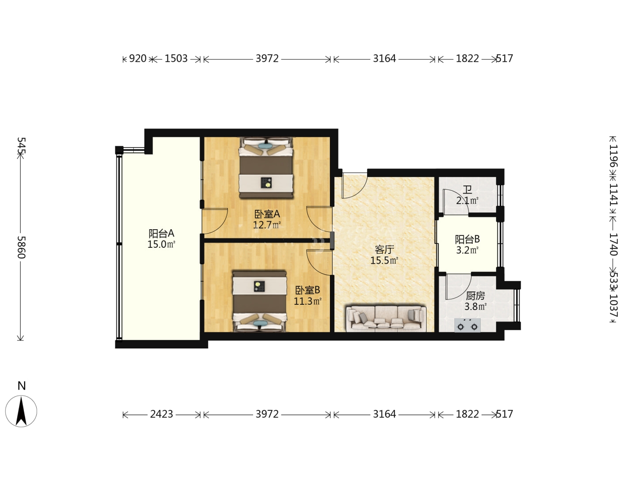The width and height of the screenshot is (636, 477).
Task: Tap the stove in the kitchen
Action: [467, 325]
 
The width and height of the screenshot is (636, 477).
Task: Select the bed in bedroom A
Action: [266, 168]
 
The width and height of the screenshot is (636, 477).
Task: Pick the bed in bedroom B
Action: [260, 301]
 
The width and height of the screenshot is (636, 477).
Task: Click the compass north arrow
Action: [21, 412]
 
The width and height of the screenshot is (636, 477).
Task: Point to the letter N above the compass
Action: [22, 386]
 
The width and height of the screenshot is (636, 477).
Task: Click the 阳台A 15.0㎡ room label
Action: [161, 238]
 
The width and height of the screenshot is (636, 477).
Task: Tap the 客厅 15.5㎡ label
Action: [384, 255]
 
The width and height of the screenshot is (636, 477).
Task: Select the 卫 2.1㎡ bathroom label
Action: [467, 195]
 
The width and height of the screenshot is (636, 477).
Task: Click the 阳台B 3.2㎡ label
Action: [467, 245]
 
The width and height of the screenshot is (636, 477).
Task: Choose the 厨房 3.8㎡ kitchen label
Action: [475, 301]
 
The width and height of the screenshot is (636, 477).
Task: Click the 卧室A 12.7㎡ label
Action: [267, 219]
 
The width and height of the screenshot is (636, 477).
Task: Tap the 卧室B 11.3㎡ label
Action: [307, 296]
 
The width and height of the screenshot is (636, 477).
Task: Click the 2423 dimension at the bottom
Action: [161, 414]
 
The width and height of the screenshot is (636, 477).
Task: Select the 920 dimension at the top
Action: [138, 58]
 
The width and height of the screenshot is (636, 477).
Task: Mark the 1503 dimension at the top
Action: [176, 58]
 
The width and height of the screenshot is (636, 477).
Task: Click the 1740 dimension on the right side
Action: [613, 244]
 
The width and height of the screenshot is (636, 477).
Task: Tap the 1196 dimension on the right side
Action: [613, 156]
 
